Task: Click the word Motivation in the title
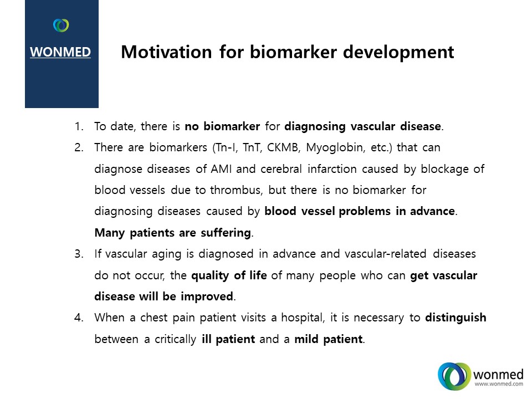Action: coord(166,52)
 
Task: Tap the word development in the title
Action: coord(398,53)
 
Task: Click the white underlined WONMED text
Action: coord(60,52)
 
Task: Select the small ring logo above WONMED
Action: coord(61,25)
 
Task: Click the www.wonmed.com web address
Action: coord(499,383)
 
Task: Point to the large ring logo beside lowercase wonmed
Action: coord(454,376)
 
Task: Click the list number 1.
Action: coord(79,126)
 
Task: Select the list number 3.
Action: coord(79,254)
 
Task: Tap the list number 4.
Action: coord(79,318)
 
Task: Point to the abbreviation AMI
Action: coord(221,168)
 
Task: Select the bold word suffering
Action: coord(226,233)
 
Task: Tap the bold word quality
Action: coord(210,275)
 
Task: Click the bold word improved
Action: coord(207,296)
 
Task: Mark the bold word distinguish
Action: coord(456,318)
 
